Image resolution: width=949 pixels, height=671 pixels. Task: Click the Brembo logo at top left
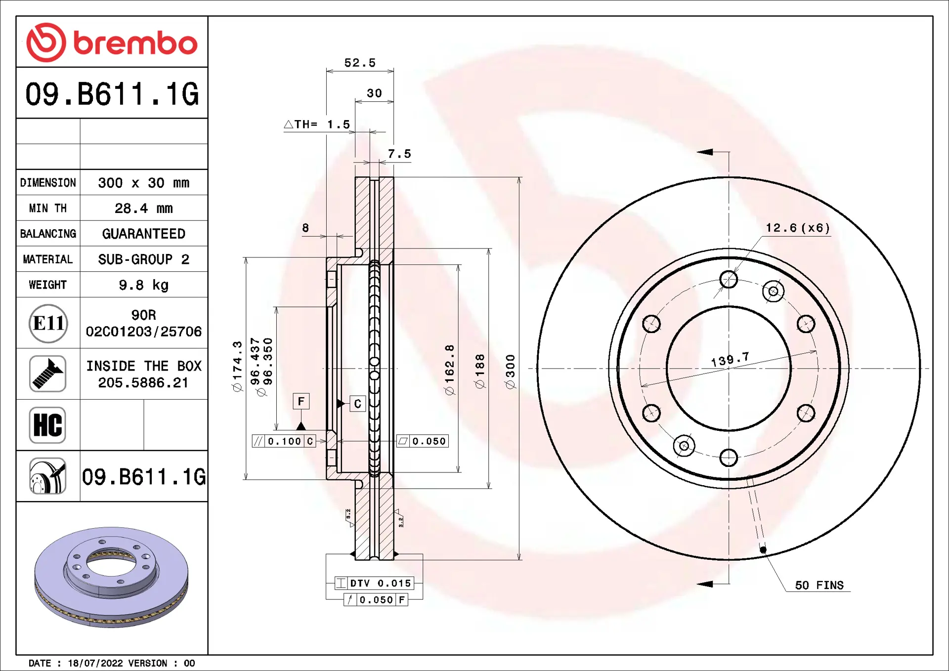[x=112, y=42]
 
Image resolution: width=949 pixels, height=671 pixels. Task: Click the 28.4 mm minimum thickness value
[x=143, y=209]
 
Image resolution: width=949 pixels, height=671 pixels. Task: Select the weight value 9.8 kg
[x=143, y=285]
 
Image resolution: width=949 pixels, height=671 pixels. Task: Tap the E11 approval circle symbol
[x=48, y=324]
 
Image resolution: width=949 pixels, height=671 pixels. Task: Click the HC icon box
[x=47, y=425]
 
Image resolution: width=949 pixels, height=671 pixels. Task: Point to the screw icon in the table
[x=47, y=374]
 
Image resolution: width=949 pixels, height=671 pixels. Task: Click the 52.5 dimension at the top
[x=360, y=63]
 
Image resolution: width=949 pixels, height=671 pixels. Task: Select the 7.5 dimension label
[x=399, y=154]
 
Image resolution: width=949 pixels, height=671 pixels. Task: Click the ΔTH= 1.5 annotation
[x=317, y=125]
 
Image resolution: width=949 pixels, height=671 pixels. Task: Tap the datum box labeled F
[x=301, y=401]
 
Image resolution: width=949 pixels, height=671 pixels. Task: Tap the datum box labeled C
[x=357, y=404]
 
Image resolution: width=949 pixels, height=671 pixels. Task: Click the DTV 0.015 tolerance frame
[x=374, y=583]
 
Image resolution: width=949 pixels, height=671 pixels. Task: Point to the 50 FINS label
[x=819, y=586]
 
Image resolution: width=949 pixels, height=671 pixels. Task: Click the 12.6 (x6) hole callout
[x=797, y=228]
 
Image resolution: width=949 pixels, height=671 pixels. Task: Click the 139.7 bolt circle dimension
[x=730, y=359]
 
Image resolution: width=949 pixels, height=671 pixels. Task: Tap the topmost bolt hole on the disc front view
[x=729, y=279]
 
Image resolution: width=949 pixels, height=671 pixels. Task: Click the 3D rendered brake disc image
[x=111, y=577]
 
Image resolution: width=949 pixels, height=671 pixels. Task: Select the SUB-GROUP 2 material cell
[x=143, y=259]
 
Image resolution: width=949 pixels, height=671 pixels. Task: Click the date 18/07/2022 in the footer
[x=95, y=663]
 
